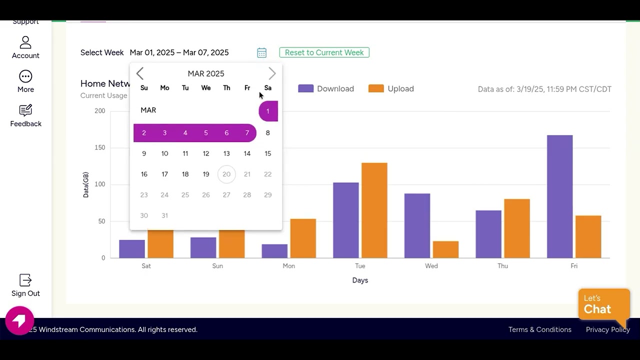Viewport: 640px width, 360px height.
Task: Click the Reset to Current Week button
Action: pyautogui.click(x=324, y=52)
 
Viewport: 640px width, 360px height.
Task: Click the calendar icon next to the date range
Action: pyautogui.click(x=261, y=52)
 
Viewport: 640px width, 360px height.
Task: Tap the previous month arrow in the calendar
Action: pyautogui.click(x=140, y=73)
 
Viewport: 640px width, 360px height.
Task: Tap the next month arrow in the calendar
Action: pyautogui.click(x=272, y=73)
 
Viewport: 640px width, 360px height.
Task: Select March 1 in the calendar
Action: pyautogui.click(x=268, y=111)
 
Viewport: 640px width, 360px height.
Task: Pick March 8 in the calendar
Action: pyautogui.click(x=268, y=133)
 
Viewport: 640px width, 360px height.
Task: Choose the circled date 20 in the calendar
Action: pyautogui.click(x=226, y=174)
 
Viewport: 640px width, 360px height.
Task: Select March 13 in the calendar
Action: pyautogui.click(x=226, y=153)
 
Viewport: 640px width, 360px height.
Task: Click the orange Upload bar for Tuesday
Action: pyautogui.click(x=374, y=210)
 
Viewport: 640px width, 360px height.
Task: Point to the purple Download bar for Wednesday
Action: pyautogui.click(x=417, y=225)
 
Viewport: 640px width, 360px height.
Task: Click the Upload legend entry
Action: pyautogui.click(x=391, y=88)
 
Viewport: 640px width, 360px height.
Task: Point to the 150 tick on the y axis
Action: pyautogui.click(x=100, y=147)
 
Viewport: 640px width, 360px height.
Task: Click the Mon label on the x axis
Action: pyautogui.click(x=288, y=266)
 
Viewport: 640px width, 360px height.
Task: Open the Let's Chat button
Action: pyautogui.click(x=603, y=304)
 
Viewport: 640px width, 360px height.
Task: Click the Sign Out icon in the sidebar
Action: pyautogui.click(x=25, y=280)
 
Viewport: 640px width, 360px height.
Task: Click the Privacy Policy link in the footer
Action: pyautogui.click(x=607, y=329)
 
